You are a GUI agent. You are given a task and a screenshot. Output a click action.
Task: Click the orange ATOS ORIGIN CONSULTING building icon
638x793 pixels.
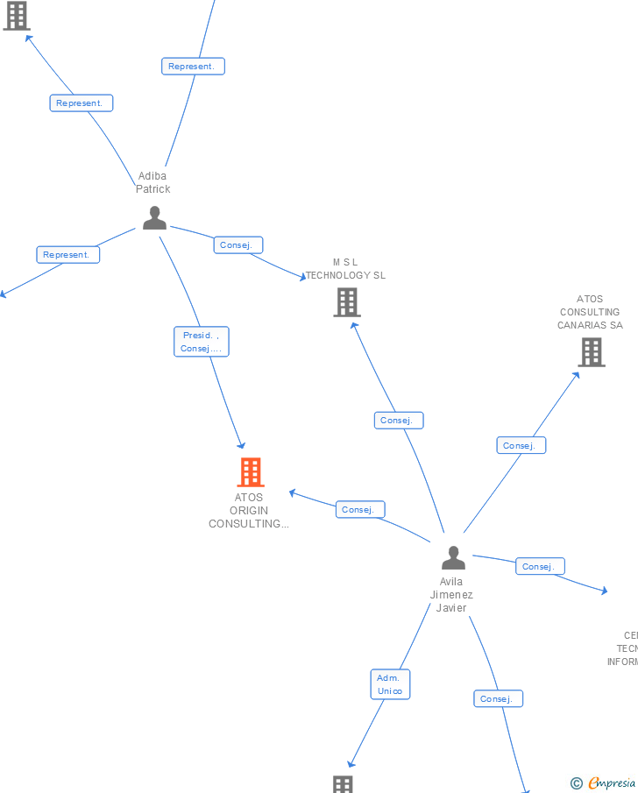pyautogui.click(x=251, y=472)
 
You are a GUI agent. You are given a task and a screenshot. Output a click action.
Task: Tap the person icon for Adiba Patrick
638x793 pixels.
pyautogui.click(x=154, y=218)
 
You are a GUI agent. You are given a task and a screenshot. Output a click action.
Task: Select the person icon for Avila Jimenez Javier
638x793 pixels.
pyautogui.click(x=453, y=558)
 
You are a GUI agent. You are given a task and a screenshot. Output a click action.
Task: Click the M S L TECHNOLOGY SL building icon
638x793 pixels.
pyautogui.click(x=347, y=302)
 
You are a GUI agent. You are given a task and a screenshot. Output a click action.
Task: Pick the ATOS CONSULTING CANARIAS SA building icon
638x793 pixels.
pyautogui.click(x=592, y=352)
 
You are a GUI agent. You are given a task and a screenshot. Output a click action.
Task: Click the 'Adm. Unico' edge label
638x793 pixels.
pyautogui.click(x=390, y=684)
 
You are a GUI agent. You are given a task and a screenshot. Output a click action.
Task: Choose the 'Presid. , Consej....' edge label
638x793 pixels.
pyautogui.click(x=202, y=342)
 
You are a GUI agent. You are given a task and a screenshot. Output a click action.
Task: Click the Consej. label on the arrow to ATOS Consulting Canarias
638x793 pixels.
pyautogui.click(x=521, y=445)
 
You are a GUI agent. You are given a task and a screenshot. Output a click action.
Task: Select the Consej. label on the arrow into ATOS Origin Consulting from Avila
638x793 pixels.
pyautogui.click(x=360, y=509)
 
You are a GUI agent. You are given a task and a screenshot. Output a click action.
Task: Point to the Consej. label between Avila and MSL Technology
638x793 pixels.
pyautogui.click(x=399, y=421)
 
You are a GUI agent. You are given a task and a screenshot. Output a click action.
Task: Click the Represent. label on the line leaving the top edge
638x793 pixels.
pyautogui.click(x=193, y=66)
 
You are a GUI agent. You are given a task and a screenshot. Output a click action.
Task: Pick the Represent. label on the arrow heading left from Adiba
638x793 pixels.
pyautogui.click(x=68, y=255)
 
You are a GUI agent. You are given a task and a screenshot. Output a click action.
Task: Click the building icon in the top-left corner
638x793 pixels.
pyautogui.click(x=17, y=15)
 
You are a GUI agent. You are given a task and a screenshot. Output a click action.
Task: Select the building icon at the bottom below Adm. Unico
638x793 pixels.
pyautogui.click(x=343, y=784)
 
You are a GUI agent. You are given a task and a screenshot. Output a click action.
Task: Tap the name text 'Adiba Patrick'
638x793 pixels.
pyautogui.click(x=152, y=182)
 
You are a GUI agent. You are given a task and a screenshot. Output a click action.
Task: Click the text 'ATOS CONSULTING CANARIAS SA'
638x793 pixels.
pyautogui.click(x=590, y=312)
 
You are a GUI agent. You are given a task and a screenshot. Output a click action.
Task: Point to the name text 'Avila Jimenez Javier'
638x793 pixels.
pyautogui.click(x=451, y=595)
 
